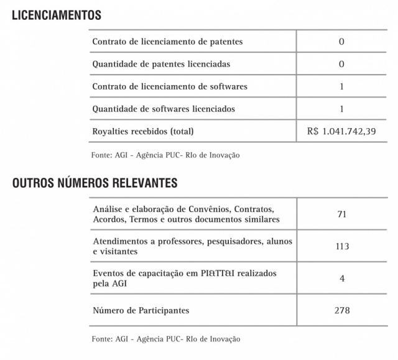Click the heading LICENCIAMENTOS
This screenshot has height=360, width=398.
pos(57,15)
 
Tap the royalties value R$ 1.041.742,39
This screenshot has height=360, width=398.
pos(341,131)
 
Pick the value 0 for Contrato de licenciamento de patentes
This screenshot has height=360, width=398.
pos(341,42)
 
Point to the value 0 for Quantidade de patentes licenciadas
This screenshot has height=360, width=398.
pos(341,64)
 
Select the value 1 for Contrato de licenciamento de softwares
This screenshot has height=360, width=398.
pos(341,86)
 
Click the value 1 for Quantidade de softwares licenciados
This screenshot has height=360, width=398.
pos(341,109)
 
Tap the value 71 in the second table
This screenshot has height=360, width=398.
pos(341,215)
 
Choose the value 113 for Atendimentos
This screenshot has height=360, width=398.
pos(341,246)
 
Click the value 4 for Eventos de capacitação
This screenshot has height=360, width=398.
pos(341,278)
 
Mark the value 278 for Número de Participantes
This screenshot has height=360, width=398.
pos(341,310)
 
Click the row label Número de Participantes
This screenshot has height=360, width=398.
pos(141,310)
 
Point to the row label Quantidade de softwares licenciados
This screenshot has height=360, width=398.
pos(164,109)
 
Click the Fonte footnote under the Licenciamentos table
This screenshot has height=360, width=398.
pos(165,155)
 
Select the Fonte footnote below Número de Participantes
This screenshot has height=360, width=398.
pos(165,339)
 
